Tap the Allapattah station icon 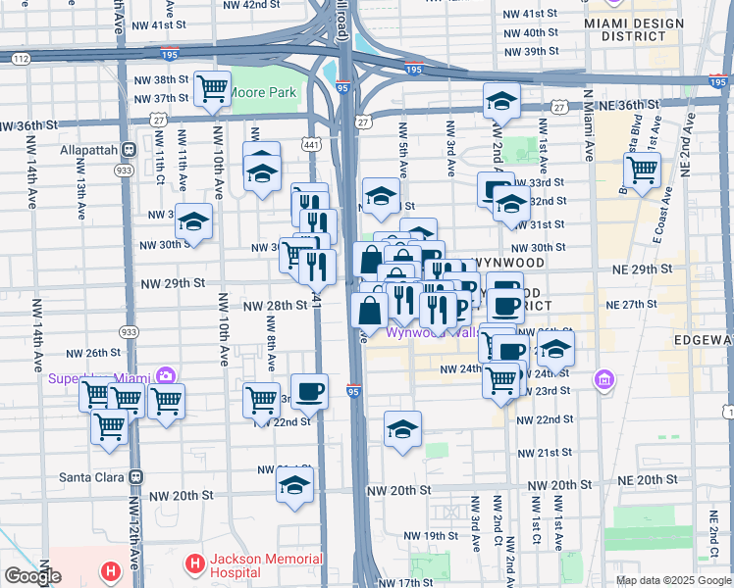point(129,150)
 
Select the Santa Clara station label point(136,477)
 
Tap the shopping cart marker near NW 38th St point(212,90)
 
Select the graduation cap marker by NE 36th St point(501,101)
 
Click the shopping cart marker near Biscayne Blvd point(642,170)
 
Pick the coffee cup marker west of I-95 point(310,391)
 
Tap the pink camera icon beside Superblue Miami point(165,376)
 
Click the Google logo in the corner point(32,576)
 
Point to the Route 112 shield point(21,59)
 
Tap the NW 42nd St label point(220,5)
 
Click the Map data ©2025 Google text point(671,580)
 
